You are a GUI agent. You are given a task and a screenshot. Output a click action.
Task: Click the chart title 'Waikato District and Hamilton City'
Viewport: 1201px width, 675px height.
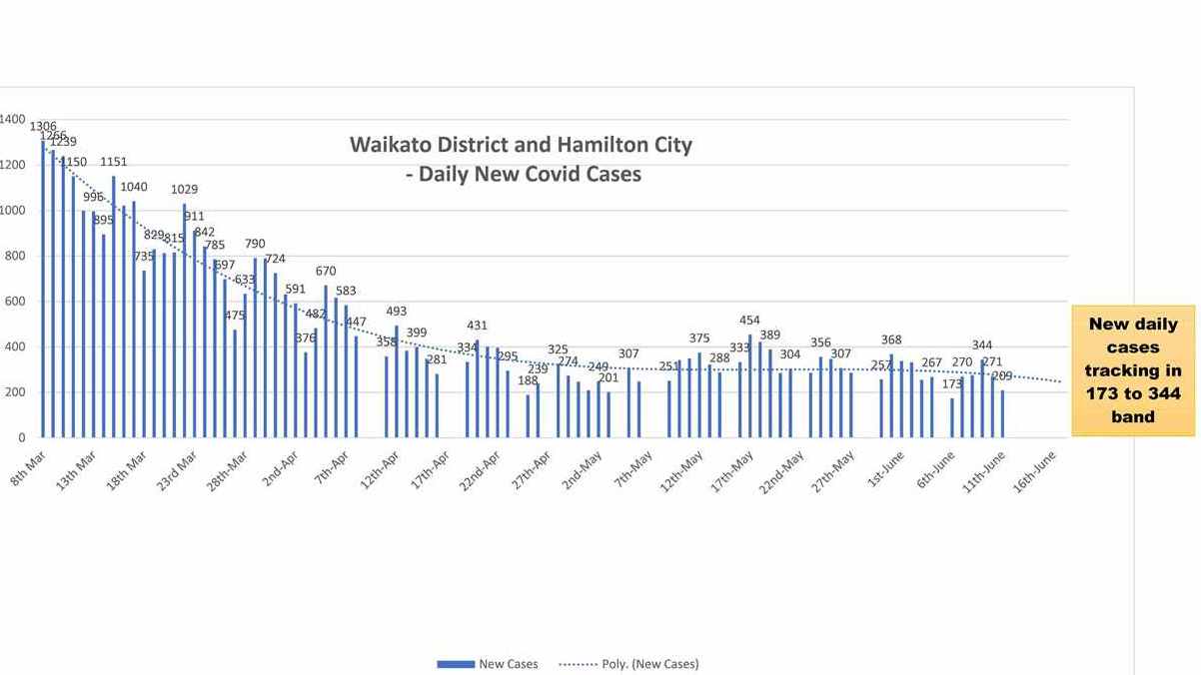(521, 145)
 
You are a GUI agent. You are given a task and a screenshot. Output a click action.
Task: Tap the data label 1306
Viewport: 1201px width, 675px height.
(43, 127)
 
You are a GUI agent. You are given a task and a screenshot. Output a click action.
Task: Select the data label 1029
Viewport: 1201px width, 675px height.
(185, 189)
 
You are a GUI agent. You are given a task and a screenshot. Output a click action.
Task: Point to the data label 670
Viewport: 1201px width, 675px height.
(326, 271)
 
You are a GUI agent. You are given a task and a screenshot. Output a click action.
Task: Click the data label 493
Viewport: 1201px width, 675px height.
(396, 312)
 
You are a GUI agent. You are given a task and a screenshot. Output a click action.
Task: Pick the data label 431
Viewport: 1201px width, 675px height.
(478, 326)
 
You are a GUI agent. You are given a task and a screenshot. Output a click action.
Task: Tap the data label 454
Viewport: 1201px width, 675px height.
(749, 321)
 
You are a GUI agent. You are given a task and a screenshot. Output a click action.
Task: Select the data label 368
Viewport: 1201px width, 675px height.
(891, 339)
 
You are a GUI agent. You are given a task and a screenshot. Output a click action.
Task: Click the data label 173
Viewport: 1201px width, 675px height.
(952, 383)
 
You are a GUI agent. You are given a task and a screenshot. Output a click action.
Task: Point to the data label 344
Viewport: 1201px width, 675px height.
(982, 345)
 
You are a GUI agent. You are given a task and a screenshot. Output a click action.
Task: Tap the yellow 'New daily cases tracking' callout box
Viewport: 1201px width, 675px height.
(1133, 370)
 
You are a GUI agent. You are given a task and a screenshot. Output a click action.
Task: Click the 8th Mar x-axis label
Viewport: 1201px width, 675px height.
(27, 466)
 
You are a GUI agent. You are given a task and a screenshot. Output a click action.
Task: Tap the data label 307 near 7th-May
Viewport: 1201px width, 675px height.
(628, 354)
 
